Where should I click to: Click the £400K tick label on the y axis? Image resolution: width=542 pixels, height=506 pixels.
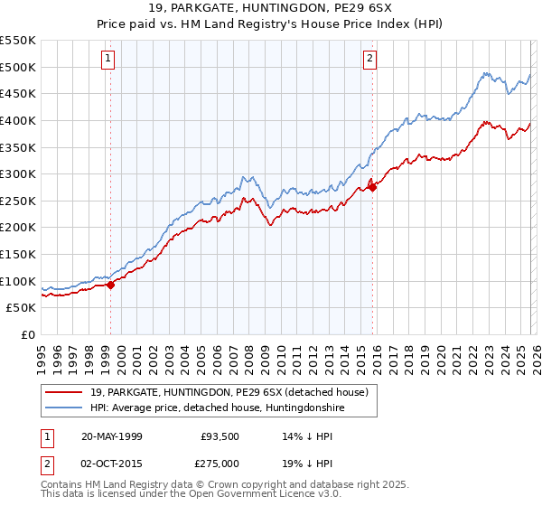click(x=18, y=120)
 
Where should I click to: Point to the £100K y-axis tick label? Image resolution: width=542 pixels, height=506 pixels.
click(x=18, y=281)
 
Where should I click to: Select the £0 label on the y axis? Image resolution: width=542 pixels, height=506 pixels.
click(x=27, y=335)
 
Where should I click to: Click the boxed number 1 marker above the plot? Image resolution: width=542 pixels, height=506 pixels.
click(x=108, y=59)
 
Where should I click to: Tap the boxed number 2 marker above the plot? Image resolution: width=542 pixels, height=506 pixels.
click(x=370, y=59)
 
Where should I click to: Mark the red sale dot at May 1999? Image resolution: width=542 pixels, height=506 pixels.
click(x=110, y=285)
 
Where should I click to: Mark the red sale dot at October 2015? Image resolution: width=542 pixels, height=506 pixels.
click(x=372, y=187)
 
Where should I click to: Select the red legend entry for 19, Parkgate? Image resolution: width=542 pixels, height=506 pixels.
click(x=229, y=393)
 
